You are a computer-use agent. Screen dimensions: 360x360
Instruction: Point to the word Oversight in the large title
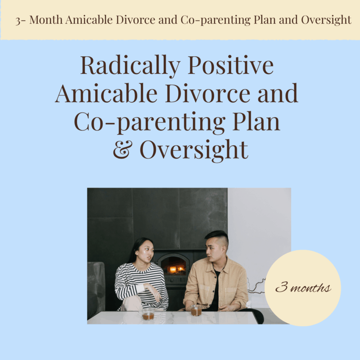point(194,150)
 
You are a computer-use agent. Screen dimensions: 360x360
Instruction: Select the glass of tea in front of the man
point(196,310)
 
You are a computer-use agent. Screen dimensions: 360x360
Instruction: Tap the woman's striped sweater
point(135,281)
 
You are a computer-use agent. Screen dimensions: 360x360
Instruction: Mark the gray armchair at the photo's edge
point(95,288)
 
